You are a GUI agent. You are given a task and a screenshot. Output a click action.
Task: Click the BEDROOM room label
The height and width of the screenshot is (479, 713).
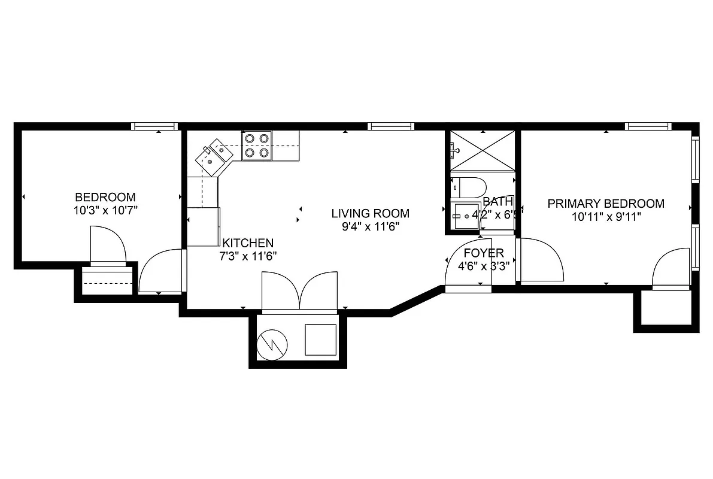[105, 197]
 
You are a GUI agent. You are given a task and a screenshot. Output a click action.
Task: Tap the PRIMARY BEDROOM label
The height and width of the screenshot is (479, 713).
[606, 204]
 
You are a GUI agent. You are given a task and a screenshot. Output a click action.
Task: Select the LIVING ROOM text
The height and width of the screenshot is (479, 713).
[371, 213]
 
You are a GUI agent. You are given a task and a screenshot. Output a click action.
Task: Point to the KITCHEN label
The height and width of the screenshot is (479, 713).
[248, 243]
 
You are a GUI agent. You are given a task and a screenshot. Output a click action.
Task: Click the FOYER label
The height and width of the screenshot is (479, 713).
[484, 253]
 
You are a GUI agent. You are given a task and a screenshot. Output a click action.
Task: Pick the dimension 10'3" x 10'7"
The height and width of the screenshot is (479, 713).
[105, 210]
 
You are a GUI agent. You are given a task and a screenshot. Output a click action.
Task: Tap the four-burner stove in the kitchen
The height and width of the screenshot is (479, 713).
[257, 145]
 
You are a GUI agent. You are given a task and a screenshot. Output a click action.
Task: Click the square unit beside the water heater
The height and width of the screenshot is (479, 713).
[320, 339]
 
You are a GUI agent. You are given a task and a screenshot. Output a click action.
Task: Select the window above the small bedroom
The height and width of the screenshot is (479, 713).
[154, 126]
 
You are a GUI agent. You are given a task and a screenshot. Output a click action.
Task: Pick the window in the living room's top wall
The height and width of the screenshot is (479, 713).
[391, 126]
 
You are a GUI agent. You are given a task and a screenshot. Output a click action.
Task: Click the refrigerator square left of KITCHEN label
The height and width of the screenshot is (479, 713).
[204, 226]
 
